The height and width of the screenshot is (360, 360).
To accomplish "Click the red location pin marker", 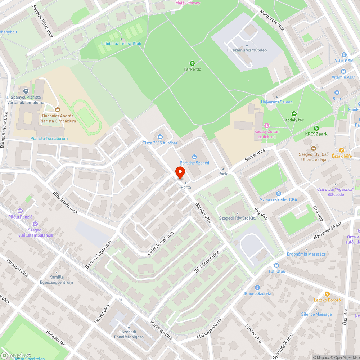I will coord(180,173).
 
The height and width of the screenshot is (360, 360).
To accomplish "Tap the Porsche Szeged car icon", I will coord(194,157).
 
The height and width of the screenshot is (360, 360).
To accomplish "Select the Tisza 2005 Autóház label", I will coord(160,143).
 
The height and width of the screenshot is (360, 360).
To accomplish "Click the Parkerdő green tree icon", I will coord(192,63).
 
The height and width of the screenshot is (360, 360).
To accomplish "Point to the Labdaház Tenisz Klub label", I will coord(121,44).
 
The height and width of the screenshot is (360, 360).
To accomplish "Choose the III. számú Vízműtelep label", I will coord(247,50).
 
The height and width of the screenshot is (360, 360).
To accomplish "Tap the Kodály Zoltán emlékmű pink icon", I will coord(267,125).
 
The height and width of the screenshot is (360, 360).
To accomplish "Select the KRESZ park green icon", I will coord(316,128).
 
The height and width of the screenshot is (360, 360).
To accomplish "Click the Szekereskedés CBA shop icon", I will coord(279,194).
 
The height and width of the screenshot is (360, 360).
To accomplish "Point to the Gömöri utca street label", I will coord(203,212).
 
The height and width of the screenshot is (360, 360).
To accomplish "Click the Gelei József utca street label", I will coord(161,244).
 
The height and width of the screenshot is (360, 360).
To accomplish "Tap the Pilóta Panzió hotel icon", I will coord(20,211).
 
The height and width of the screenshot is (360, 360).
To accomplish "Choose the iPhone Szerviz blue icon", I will coord(257,287).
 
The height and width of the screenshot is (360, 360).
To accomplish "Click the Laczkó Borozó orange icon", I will coord(327,294).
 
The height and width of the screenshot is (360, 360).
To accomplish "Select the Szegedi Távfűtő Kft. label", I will coord(237,219).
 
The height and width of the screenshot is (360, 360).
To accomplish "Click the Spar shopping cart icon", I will coord(337,93).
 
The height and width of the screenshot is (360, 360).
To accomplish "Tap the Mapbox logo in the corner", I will coord(16,355).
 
